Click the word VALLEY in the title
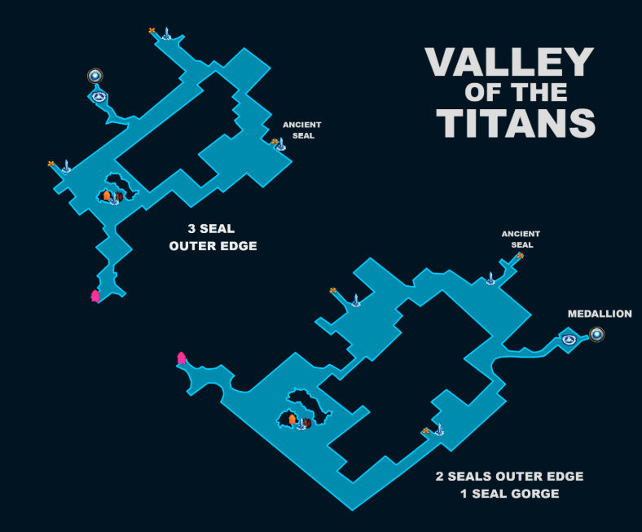[x=509, y=62]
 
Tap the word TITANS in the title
[x=516, y=124]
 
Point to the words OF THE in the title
[x=516, y=93]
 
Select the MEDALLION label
[x=600, y=314]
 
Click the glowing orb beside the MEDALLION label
[x=597, y=335]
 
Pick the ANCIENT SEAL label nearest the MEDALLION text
[x=521, y=240]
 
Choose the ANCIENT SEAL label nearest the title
[x=302, y=130]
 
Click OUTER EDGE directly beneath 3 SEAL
[x=213, y=246]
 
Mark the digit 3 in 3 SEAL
[x=191, y=229]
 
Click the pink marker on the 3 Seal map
[x=95, y=296]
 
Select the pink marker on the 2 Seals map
[x=182, y=358]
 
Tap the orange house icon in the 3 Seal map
[x=107, y=196]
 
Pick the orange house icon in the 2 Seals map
[x=292, y=419]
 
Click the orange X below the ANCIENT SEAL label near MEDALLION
[x=520, y=256]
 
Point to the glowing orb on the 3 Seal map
[x=95, y=76]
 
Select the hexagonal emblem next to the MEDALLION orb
[x=569, y=340]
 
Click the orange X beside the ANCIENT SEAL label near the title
[x=275, y=142]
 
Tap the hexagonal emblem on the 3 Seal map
[x=99, y=97]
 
